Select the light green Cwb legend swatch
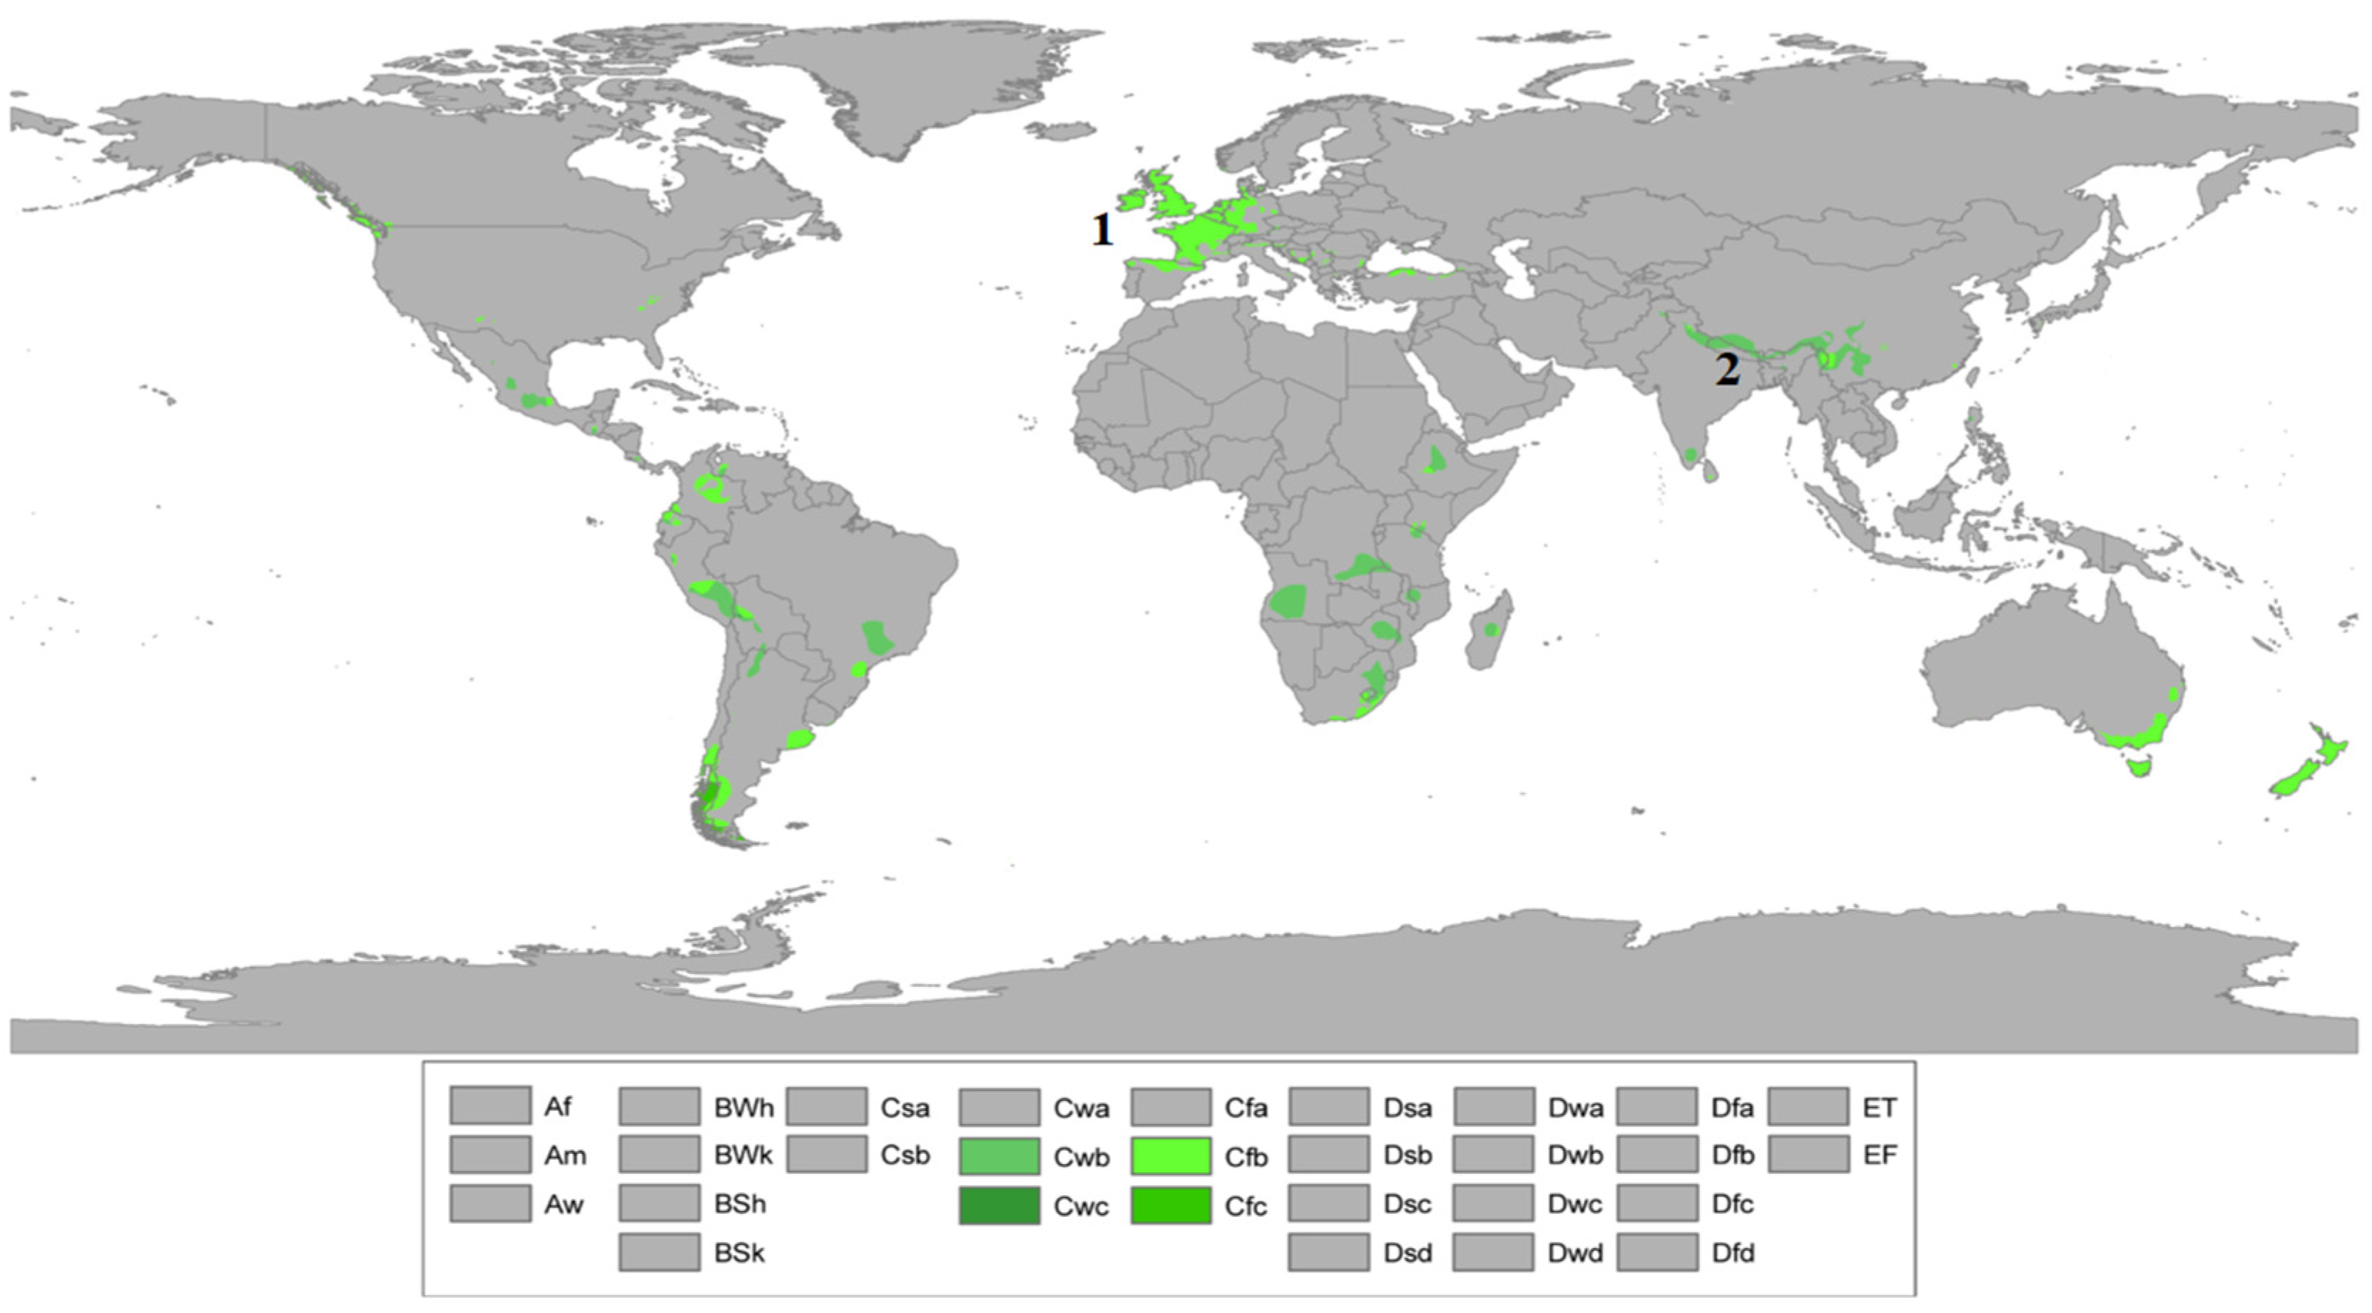coord(999,1157)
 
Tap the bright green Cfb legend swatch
coord(1171,1157)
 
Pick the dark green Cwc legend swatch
coord(999,1205)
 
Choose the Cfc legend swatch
coord(1171,1205)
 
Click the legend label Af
coord(557,1106)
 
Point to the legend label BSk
coord(739,1253)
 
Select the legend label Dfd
coord(1732,1253)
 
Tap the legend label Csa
coord(905,1107)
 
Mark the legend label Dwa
coord(1574,1107)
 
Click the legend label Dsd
coord(1407,1253)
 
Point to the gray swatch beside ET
coord(1808,1106)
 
